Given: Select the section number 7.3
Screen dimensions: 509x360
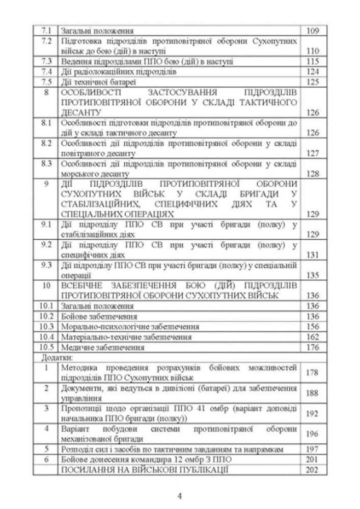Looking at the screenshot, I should (x=46, y=62).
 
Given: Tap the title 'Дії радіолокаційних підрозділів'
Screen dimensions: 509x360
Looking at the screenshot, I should (x=118, y=72).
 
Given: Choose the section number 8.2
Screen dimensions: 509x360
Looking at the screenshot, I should (x=46, y=143).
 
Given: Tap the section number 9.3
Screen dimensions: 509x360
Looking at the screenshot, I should (x=46, y=265).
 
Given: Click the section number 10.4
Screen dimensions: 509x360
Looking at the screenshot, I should (x=46, y=337).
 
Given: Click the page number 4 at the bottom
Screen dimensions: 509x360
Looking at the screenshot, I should (x=180, y=495).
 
